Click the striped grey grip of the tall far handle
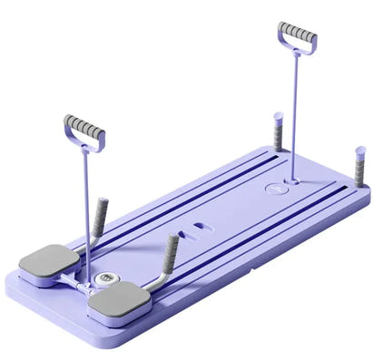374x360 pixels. pyautogui.click(x=298, y=33)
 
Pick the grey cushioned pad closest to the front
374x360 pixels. pyautogui.click(x=119, y=300)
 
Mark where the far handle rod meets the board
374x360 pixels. pyautogui.click(x=292, y=179)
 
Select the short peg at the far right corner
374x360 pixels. pyautogui.click(x=359, y=167)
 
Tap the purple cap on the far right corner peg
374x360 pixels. pyautogui.click(x=360, y=151)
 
